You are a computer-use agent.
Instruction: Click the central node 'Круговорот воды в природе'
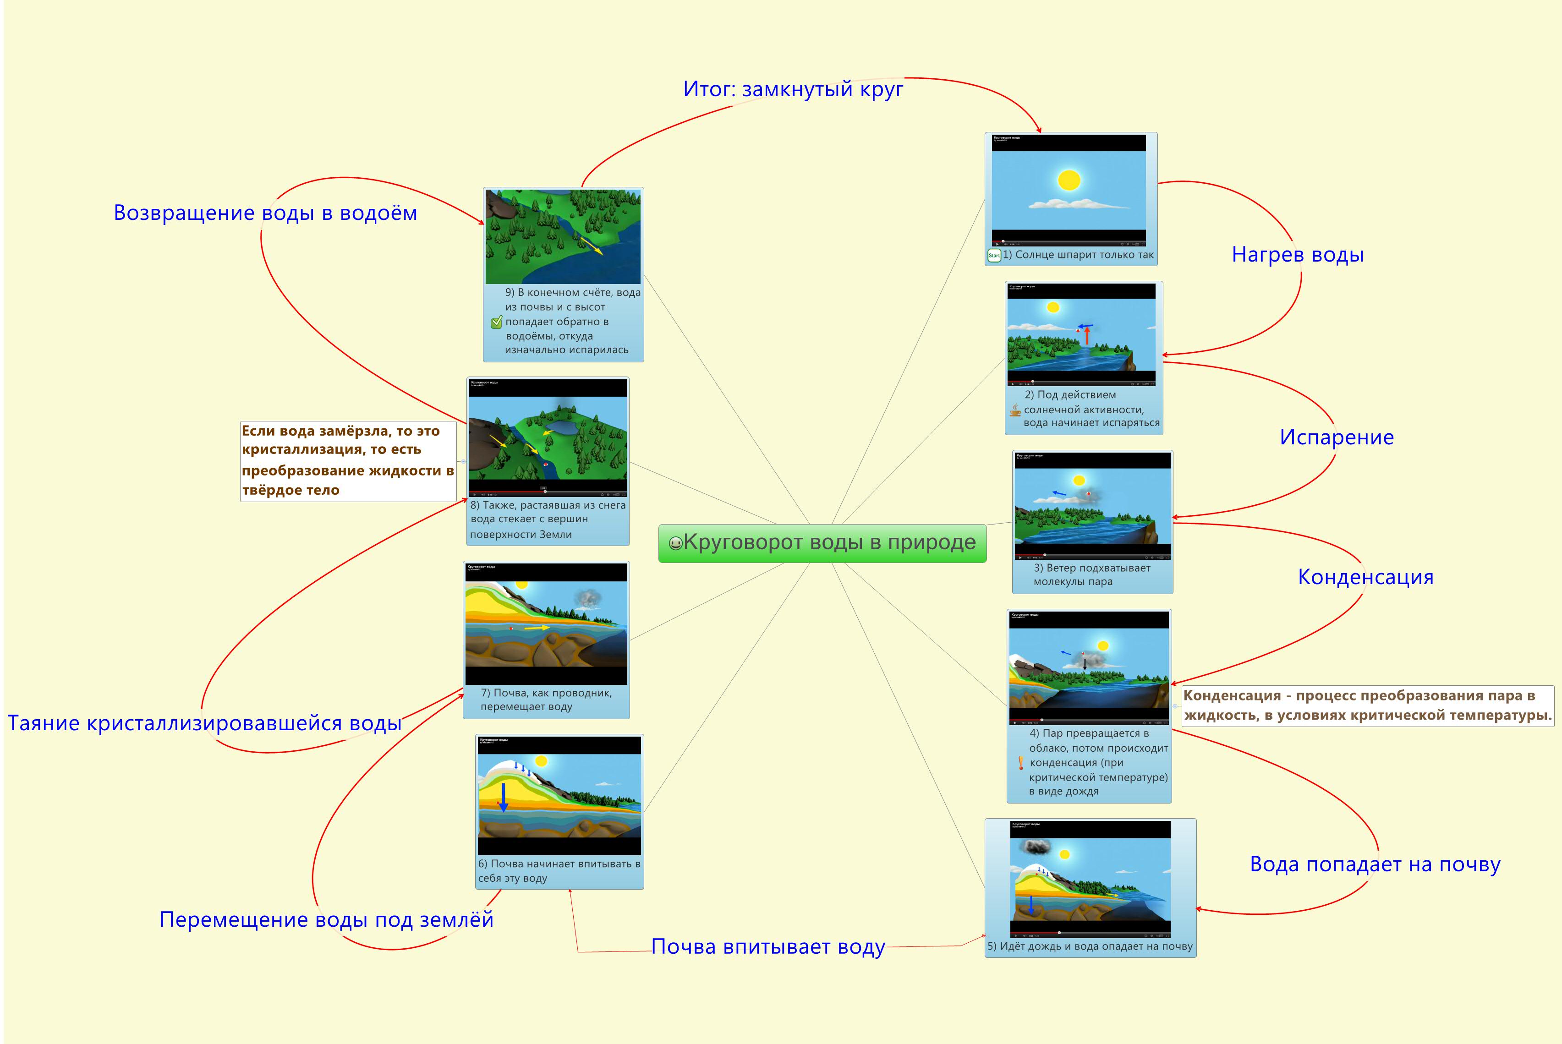(x=829, y=543)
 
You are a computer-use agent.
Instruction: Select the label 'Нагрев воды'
(x=1297, y=254)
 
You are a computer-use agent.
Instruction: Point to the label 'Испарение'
(x=1336, y=437)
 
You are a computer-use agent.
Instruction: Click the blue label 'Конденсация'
(x=1365, y=577)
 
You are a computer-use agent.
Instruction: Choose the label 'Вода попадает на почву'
(x=1375, y=864)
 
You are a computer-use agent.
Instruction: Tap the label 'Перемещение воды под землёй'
(x=326, y=919)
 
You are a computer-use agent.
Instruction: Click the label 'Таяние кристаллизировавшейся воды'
(x=204, y=723)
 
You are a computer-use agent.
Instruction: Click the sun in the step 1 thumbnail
(x=1069, y=180)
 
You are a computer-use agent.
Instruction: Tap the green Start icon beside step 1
(x=993, y=255)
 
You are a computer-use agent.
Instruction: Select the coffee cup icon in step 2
(x=1015, y=410)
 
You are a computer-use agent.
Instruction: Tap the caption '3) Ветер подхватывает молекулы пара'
(x=1091, y=574)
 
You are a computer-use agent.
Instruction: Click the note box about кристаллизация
(x=348, y=461)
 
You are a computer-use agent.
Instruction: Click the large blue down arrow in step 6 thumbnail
(x=504, y=798)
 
